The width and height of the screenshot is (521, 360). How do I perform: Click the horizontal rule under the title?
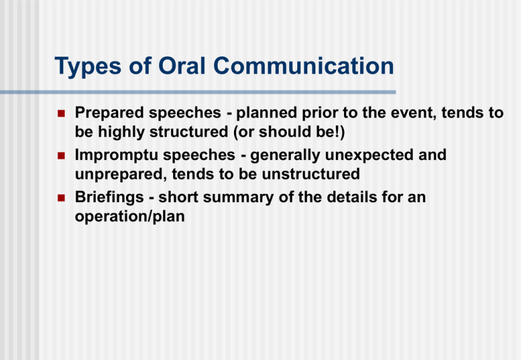[x=225, y=92]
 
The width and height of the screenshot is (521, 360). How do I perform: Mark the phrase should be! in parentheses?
[x=298, y=130]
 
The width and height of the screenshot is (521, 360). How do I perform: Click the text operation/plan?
[x=128, y=216]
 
